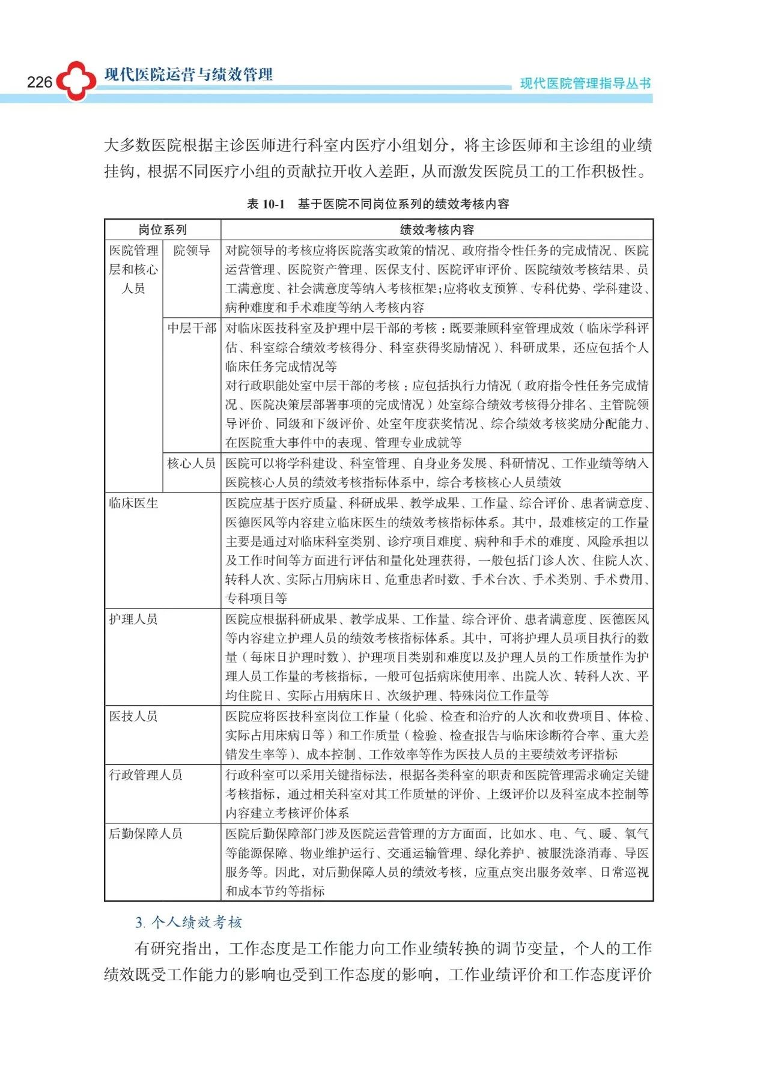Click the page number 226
(x=40, y=82)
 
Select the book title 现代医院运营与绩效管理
(x=189, y=74)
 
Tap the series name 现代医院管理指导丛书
(x=585, y=83)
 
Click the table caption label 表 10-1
(x=266, y=204)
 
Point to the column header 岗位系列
(x=163, y=229)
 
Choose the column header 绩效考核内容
(x=437, y=229)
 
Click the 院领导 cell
(x=192, y=250)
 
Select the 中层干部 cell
(x=192, y=328)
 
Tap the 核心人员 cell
(x=192, y=463)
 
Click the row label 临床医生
(x=133, y=503)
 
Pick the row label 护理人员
(x=133, y=619)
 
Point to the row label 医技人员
(x=133, y=716)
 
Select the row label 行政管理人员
(x=145, y=775)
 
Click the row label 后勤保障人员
(x=145, y=834)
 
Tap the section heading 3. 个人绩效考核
(x=189, y=922)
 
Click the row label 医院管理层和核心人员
(x=133, y=269)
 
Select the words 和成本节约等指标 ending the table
(x=275, y=891)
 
